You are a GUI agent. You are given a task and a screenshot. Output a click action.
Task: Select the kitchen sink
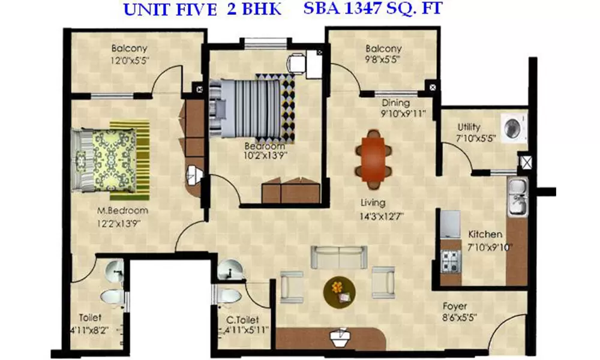[x=517, y=197]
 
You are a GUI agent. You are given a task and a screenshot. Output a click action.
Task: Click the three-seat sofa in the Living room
[x=338, y=256]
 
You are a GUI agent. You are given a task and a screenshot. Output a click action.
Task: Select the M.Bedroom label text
[x=123, y=211]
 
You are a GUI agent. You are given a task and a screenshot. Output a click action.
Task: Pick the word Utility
[x=469, y=127]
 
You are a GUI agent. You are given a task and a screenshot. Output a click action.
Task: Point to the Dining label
[x=395, y=103]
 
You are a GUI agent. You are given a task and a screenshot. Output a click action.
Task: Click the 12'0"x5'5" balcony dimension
[x=129, y=60]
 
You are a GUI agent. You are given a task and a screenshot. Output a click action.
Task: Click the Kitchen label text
[x=485, y=234]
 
